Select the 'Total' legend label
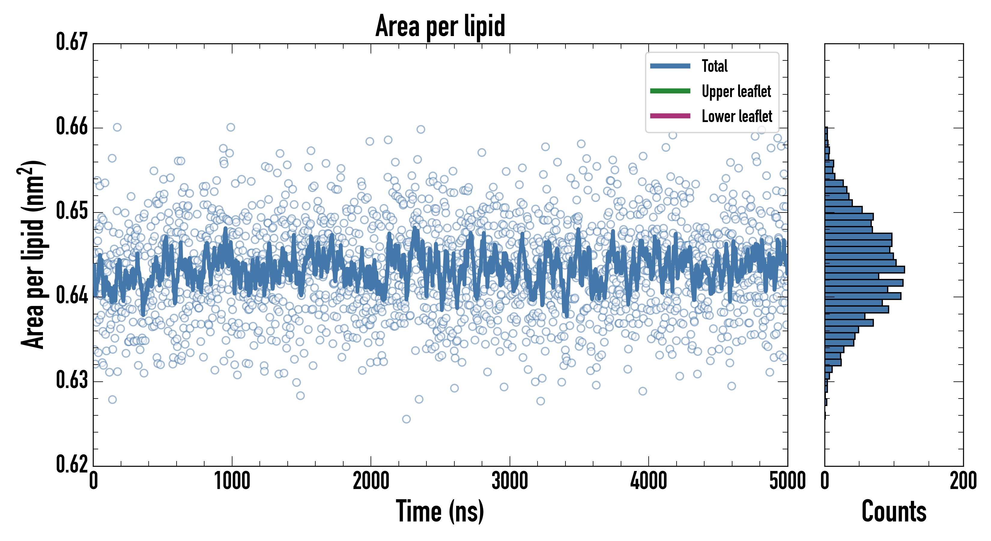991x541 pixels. [x=714, y=66]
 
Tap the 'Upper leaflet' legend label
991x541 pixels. [x=736, y=91]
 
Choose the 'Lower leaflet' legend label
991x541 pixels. [x=737, y=116]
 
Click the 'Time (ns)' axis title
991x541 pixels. [x=440, y=511]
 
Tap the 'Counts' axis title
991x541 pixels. [x=894, y=511]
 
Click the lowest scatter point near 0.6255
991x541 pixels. [x=406, y=419]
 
